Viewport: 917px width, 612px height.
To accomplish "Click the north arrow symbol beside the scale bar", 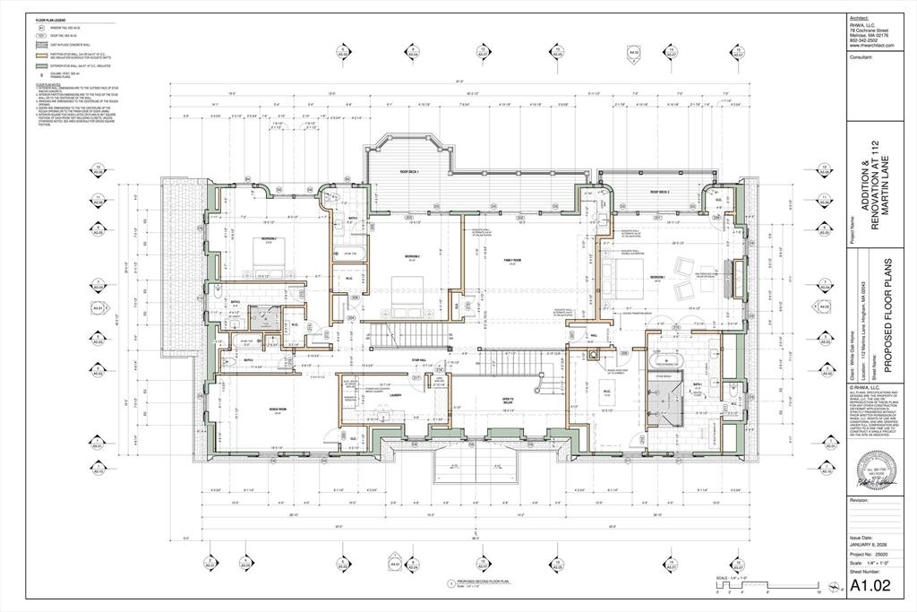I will [x=836, y=587].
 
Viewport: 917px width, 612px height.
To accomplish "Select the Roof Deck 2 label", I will [x=661, y=191].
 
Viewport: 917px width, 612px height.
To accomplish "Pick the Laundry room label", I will [x=394, y=392].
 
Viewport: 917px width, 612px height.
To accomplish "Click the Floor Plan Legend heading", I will [x=50, y=19].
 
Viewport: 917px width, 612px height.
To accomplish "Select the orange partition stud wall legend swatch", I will [x=40, y=54].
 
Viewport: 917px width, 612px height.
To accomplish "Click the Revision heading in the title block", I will [x=860, y=500].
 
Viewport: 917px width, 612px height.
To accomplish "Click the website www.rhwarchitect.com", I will [x=872, y=45].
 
